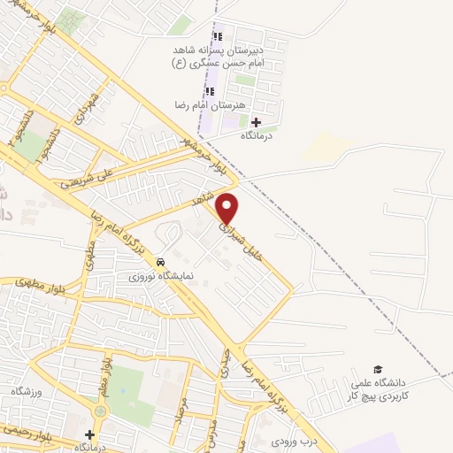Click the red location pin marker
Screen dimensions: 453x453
[228, 208]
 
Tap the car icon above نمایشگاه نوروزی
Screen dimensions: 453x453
[160, 263]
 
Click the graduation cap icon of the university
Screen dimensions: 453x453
[378, 369]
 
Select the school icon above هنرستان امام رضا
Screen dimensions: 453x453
[211, 90]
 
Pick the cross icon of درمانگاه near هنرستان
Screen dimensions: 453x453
[257, 122]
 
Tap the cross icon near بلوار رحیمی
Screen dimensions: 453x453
[89, 434]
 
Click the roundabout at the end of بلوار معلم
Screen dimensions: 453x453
[99, 411]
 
